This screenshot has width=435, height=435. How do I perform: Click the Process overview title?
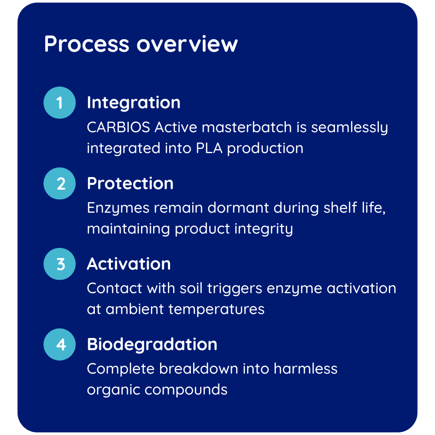coord(141,44)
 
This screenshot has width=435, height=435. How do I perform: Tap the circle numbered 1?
coord(60,103)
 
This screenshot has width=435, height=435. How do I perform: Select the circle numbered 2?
coord(60,184)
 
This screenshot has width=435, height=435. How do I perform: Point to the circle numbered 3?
coord(60,264)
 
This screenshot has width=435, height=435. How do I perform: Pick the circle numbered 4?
coord(60,345)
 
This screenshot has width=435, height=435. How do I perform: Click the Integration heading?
coord(134,103)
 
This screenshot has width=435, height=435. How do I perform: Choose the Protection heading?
coord(130,184)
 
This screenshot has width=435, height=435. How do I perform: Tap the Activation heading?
coord(129,264)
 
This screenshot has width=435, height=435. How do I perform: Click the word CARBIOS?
coord(118,127)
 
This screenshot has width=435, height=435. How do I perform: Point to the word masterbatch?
coord(247,127)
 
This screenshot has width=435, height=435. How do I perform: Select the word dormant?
coord(238,208)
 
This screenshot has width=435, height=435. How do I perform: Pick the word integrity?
coord(264,229)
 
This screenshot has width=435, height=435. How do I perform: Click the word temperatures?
coord(216,309)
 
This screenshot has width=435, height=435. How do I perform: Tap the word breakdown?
coord(199,369)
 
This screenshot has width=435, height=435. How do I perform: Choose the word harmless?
coord(305,369)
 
